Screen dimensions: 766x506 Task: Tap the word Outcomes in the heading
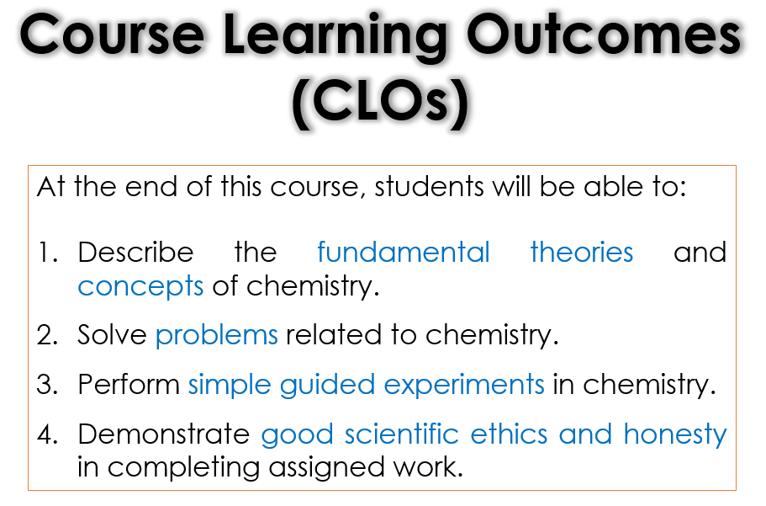tap(605, 35)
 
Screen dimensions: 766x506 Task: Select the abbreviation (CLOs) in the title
tap(380, 102)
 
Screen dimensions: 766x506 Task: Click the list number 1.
tap(48, 253)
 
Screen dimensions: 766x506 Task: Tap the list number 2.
tap(47, 335)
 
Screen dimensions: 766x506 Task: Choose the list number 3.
tap(47, 385)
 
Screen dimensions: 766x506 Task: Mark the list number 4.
tap(47, 434)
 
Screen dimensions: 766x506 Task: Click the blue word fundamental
tap(404, 252)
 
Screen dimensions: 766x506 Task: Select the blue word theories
tap(582, 252)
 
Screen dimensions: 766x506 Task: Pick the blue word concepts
tap(140, 287)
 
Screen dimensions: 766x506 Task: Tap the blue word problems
tap(216, 335)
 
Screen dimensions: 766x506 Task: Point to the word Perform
tap(129, 384)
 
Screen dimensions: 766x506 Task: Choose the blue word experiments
tap(464, 385)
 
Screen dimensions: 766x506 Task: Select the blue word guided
tap(327, 385)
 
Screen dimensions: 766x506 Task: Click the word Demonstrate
tap(164, 434)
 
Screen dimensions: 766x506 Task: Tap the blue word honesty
tap(675, 435)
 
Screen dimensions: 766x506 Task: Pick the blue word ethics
tap(509, 434)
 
